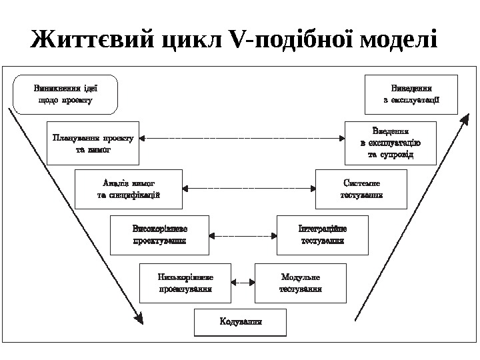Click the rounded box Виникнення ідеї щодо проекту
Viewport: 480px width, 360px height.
65,94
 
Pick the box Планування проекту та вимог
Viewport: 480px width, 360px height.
93,143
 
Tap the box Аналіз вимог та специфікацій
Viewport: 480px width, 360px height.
129,188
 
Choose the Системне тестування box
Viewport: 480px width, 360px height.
361,188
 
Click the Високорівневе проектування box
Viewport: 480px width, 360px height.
159,235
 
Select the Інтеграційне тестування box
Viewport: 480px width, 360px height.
322,235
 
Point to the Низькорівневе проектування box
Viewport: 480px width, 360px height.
185,283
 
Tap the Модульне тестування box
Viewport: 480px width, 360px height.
301,283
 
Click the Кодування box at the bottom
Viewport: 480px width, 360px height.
240,322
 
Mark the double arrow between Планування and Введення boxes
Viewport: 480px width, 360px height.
242,139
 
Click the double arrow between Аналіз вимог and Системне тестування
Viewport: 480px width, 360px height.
249,188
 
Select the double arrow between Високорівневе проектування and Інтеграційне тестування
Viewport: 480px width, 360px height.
243,235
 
